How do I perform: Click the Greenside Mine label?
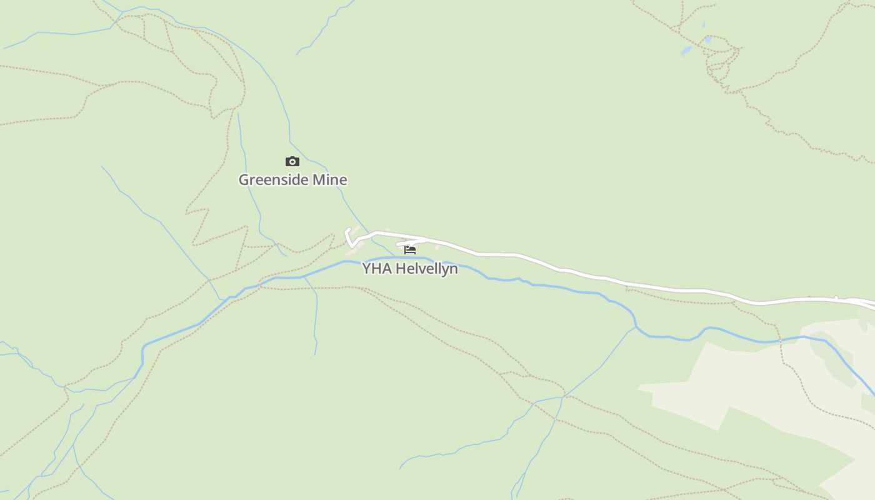pyautogui.click(x=292, y=180)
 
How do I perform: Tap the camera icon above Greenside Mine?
pyautogui.click(x=292, y=162)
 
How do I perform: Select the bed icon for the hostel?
pyautogui.click(x=410, y=249)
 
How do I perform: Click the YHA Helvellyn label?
pyautogui.click(x=410, y=269)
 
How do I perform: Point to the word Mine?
pyautogui.click(x=329, y=180)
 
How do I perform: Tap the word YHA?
pyautogui.click(x=377, y=269)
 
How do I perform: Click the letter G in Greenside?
pyautogui.click(x=244, y=180)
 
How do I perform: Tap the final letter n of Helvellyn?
pyautogui.click(x=454, y=269)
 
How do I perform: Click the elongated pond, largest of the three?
pyautogui.click(x=686, y=51)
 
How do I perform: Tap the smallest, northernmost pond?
pyautogui.click(x=703, y=25)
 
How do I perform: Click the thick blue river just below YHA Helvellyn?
pyautogui.click(x=400, y=257)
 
